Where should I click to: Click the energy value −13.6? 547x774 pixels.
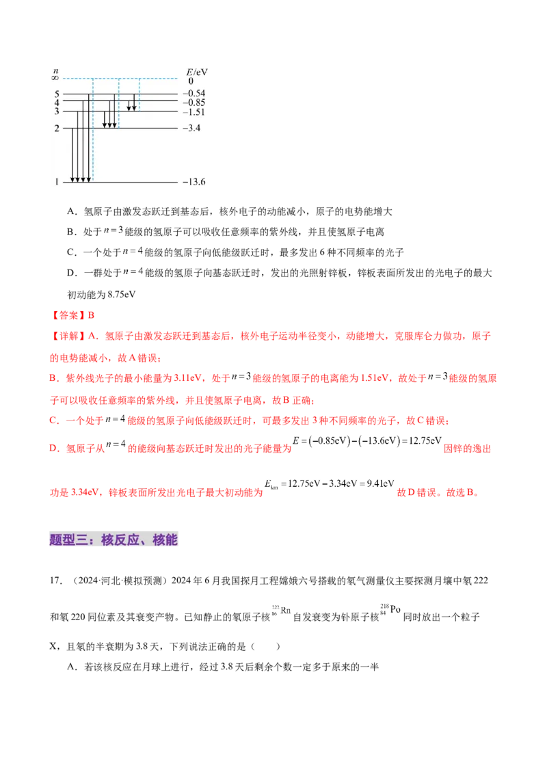pos(194,183)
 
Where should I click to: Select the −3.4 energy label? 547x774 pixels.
pos(191,128)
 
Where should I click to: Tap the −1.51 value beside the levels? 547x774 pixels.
pos(194,111)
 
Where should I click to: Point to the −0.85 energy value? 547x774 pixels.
pos(194,102)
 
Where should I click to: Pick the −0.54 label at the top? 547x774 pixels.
pos(194,93)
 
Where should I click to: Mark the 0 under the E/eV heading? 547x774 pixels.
pos(191,81)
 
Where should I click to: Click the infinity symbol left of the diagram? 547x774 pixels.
pos(56,78)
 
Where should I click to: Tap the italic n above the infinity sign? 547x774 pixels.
pos(56,70)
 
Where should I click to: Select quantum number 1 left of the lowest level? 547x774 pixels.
pos(57,183)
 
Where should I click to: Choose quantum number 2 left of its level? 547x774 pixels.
pos(57,128)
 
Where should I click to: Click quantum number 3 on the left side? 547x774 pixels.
pos(57,111)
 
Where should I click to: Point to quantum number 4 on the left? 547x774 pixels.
pos(57,102)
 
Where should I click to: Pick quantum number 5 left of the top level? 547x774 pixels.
pos(57,93)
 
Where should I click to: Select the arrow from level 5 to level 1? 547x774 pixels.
pos(89,137)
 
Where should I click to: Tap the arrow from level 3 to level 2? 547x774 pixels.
pos(104,120)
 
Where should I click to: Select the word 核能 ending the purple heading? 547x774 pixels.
pos(165,539)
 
